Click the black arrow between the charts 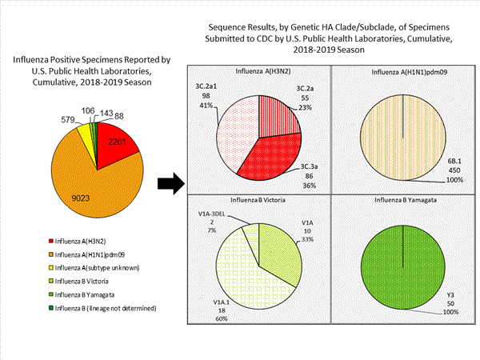(168, 185)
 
